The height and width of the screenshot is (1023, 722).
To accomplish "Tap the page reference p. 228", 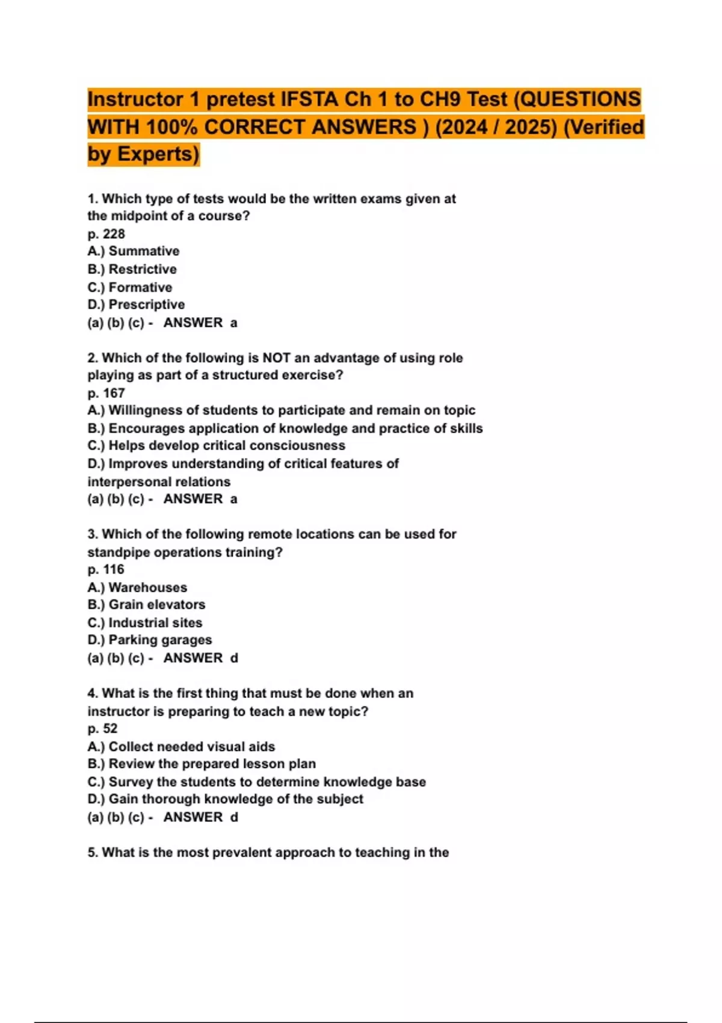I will pos(106,233).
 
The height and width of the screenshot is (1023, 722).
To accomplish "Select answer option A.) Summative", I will pos(133,251).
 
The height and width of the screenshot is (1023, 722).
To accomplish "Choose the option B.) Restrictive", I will pos(132,269).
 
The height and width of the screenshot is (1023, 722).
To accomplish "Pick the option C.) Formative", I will pos(129,287).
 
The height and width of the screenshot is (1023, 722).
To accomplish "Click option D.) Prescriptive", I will pos(136,304).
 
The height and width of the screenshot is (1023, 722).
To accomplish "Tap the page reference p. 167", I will pos(106,393).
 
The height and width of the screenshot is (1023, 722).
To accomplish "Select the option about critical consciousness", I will pos(216,445).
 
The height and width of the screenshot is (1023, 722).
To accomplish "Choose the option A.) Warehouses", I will pos(137,587).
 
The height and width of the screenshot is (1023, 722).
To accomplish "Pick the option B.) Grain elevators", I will pos(146,604).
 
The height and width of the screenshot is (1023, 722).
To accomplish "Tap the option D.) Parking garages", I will pos(149,640).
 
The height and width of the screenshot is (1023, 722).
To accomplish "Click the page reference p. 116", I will pos(106,569).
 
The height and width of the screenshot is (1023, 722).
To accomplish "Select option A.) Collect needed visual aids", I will pos(181,746).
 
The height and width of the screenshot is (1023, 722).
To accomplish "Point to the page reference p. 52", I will pos(102,728).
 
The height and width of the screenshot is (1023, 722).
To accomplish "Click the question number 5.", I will pos(92,852).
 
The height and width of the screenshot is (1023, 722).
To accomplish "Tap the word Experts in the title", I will pos(157,154).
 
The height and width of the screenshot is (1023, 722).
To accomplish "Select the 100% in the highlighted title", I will pos(171,127).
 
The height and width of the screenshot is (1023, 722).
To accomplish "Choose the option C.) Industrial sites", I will pos(144,622).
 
